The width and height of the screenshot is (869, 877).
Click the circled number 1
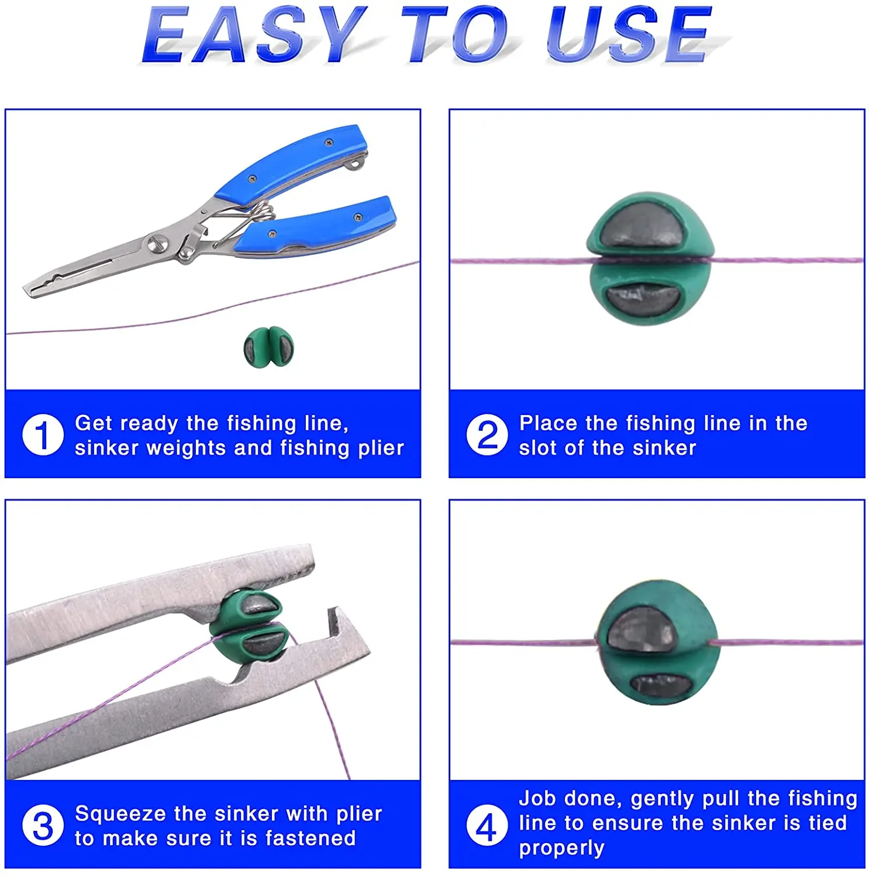(43, 434)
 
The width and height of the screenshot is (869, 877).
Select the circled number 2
(487, 434)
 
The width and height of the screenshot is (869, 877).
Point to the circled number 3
(43, 825)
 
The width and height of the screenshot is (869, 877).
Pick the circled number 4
(487, 825)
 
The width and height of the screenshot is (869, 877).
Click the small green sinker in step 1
(269, 347)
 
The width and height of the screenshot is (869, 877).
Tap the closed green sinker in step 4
(656, 642)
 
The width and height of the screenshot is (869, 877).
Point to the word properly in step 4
(561, 848)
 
